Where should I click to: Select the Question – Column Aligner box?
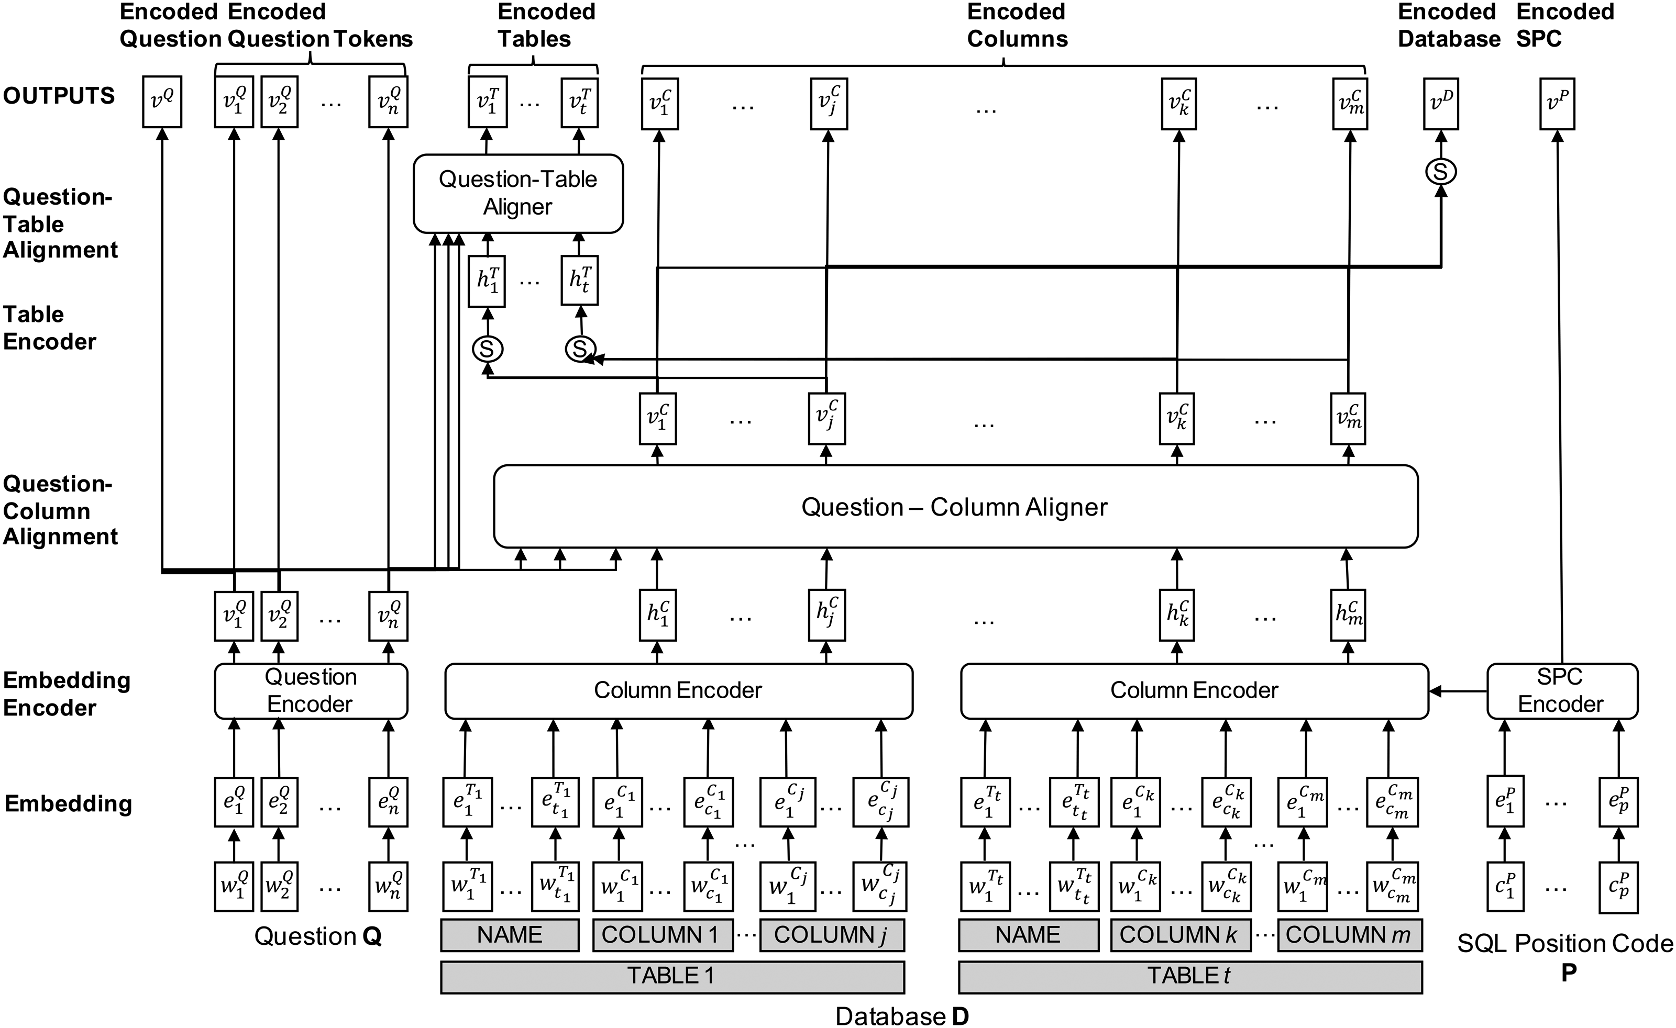point(955,507)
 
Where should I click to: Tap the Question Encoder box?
point(311,691)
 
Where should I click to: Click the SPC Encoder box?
point(1561,691)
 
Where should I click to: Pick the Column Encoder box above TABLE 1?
point(678,691)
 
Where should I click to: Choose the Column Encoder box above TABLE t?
point(1194,691)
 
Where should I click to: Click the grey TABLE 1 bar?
point(672,976)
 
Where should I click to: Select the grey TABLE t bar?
point(1189,976)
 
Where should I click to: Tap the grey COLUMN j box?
point(831,935)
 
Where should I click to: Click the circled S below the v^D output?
point(1441,171)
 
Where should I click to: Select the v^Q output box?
point(162,103)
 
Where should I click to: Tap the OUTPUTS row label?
point(59,96)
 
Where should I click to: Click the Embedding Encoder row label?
point(66,694)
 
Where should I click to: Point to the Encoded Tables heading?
point(546,25)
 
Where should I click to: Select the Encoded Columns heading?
point(1017,25)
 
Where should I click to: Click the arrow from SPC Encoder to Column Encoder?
point(1458,691)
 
